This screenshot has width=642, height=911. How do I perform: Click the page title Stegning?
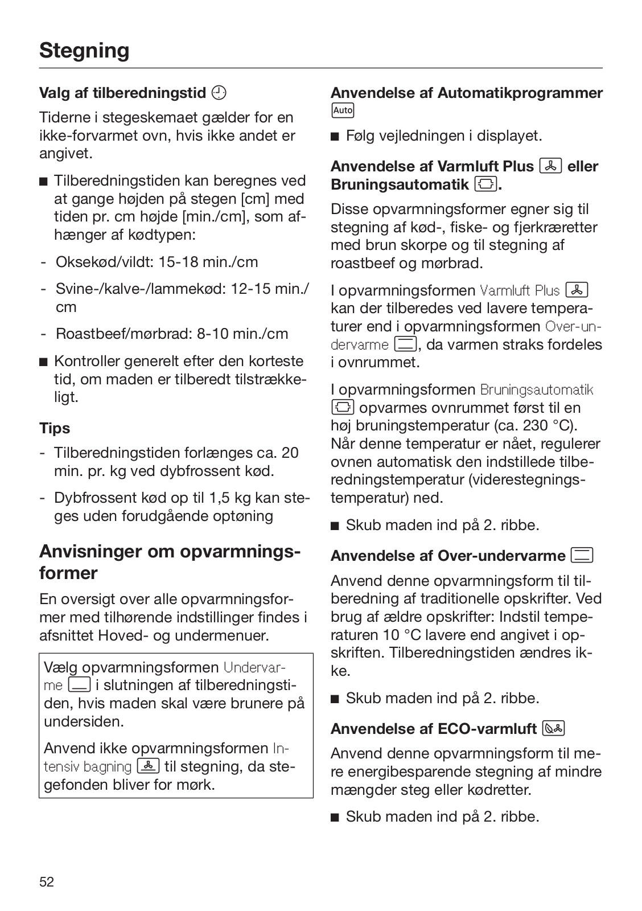coord(84,51)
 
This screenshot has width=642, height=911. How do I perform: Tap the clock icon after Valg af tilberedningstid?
coord(219,92)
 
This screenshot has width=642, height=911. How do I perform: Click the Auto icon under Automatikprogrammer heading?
coord(343,110)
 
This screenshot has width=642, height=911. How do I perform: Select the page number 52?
coord(47,882)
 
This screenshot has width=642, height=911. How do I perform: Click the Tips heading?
coord(55,428)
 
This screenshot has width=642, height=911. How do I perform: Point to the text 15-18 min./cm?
coord(208,262)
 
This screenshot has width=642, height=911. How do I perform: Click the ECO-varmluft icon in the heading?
coord(554,728)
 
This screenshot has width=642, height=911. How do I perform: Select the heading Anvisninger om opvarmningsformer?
coord(170,562)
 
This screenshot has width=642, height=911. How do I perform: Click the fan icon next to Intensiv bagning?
coord(148,766)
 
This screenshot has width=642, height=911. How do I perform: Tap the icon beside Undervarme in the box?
coord(79,685)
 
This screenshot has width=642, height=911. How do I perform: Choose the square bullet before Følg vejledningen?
coord(335,136)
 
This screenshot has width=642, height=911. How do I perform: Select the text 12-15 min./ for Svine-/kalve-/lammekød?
coord(270,289)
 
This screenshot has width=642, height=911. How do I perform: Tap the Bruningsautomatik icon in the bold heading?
coord(486,184)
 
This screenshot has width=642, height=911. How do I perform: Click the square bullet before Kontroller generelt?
coord(43,362)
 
